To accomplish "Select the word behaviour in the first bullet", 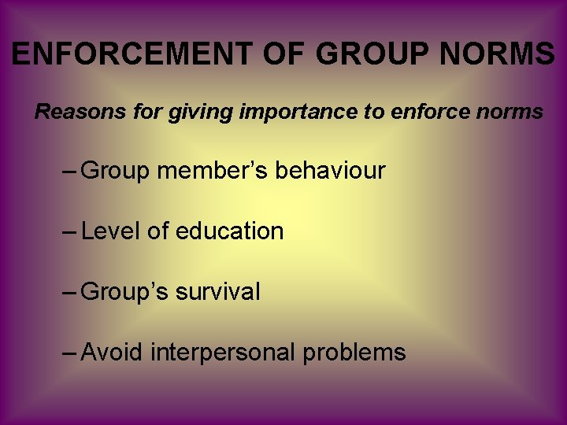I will (x=330, y=170).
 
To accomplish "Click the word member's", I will (x=213, y=170).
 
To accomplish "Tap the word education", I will (x=229, y=231).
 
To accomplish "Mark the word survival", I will (x=217, y=292).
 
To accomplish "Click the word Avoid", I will (x=112, y=352).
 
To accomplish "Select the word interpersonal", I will (x=223, y=353).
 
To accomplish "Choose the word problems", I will (x=354, y=353).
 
